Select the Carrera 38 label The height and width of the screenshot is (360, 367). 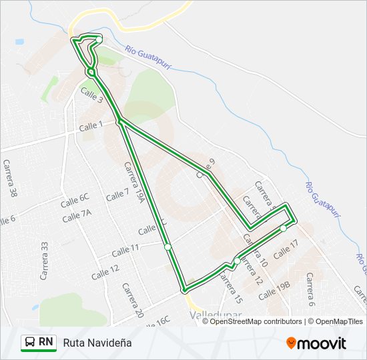[x=11, y=179]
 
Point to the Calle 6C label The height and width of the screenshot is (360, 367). [x=75, y=198]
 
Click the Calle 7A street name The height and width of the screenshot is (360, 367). [x=77, y=215]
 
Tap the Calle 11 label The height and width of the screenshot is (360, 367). [x=125, y=251]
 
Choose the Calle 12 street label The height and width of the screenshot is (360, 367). [x=105, y=269]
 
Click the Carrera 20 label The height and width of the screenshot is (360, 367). [x=133, y=300]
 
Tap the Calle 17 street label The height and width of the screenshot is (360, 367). [x=286, y=248]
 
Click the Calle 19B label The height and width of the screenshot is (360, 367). [x=275, y=290]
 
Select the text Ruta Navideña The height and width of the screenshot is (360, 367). [x=97, y=343]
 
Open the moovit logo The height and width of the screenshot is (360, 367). [x=316, y=343]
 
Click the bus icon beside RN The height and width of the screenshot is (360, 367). [x=30, y=342]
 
